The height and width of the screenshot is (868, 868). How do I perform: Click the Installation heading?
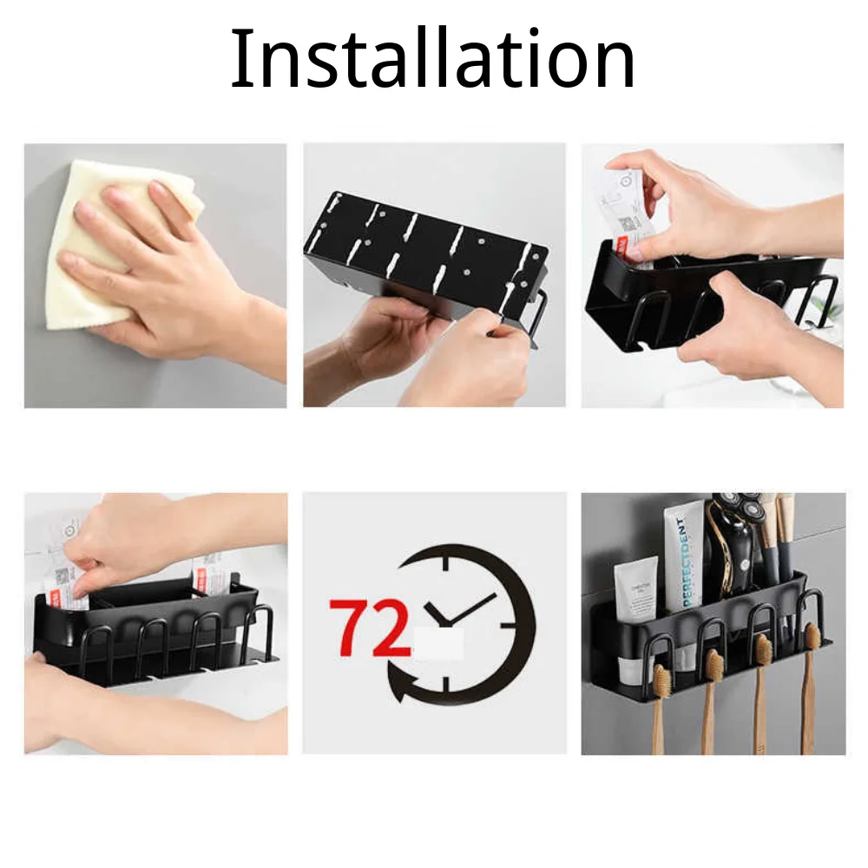pos(432,59)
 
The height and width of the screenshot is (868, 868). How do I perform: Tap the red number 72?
pos(369,627)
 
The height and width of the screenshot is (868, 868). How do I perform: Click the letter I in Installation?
pos(238,59)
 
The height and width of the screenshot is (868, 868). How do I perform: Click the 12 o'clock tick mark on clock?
pos(446,563)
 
